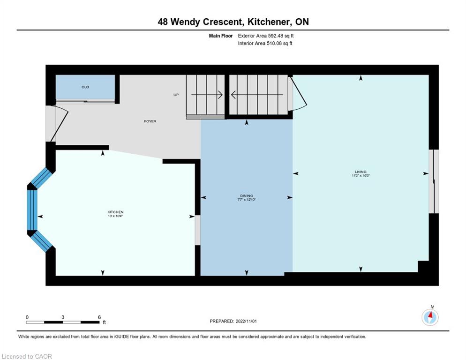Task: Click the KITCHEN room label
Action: tap(115, 212)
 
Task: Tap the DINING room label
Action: tap(246, 195)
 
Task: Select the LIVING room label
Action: tap(361, 172)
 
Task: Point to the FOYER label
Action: tap(150, 121)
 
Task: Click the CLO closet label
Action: tap(85, 87)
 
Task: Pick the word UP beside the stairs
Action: tap(176, 95)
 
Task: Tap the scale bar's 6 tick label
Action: tap(99, 317)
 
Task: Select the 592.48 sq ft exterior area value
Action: tap(280, 36)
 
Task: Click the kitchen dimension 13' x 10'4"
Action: tap(115, 216)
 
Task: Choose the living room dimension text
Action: tap(361, 176)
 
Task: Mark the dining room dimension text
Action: tap(246, 200)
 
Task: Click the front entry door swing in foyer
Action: tap(59, 124)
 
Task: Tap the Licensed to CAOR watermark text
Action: tap(27, 356)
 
